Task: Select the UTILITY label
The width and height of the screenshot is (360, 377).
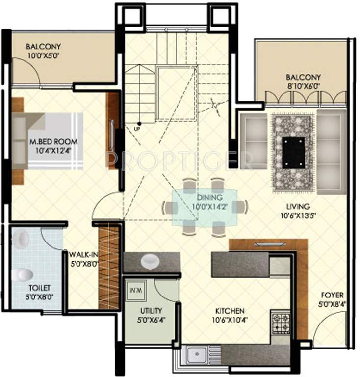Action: [151, 311]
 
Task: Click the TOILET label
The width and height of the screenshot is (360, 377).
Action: [26, 288]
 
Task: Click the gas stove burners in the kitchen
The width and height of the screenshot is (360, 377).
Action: [281, 322]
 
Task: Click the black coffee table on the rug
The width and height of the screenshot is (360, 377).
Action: [293, 152]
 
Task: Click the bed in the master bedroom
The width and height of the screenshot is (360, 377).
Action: [47, 141]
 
